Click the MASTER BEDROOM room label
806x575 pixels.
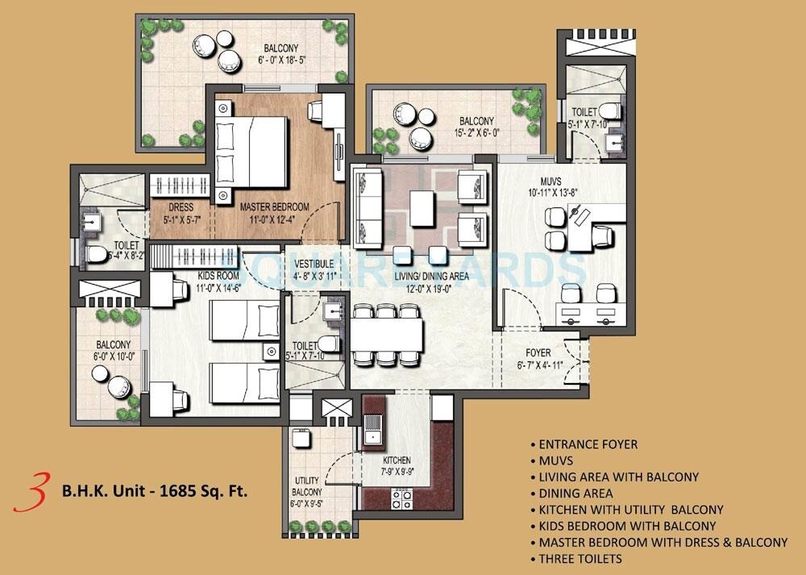point(274,207)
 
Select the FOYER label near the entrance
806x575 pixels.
point(538,352)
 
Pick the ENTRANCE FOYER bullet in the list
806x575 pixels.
point(588,444)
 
